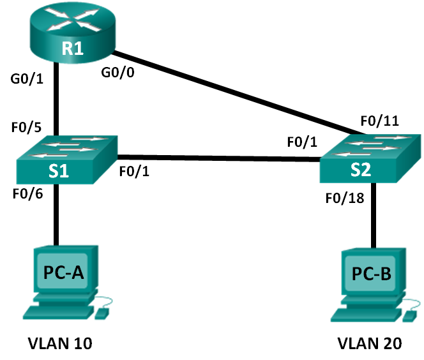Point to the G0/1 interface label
click(23, 79)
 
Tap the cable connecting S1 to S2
click(217, 158)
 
